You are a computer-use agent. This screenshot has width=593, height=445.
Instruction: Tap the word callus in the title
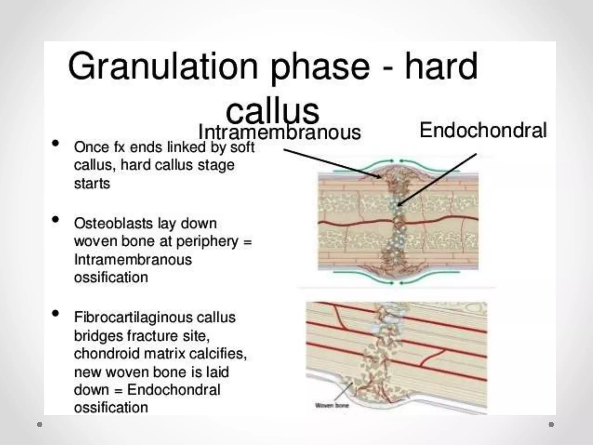[272, 112]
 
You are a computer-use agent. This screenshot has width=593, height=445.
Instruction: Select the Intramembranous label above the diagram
[279, 132]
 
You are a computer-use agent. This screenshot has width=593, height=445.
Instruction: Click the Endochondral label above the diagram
[483, 130]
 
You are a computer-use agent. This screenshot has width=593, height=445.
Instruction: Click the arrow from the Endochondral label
[437, 180]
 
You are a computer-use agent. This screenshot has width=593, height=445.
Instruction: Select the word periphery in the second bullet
[207, 242]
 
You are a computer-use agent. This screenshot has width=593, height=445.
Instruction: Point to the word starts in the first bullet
[92, 184]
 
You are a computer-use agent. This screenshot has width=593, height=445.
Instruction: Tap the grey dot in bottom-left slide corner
[40, 424]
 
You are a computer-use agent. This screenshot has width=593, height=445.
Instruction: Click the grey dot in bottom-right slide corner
[551, 424]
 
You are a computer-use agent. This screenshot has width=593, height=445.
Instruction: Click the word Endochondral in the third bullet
[174, 390]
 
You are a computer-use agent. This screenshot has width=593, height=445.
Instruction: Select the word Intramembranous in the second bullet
[133, 260]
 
